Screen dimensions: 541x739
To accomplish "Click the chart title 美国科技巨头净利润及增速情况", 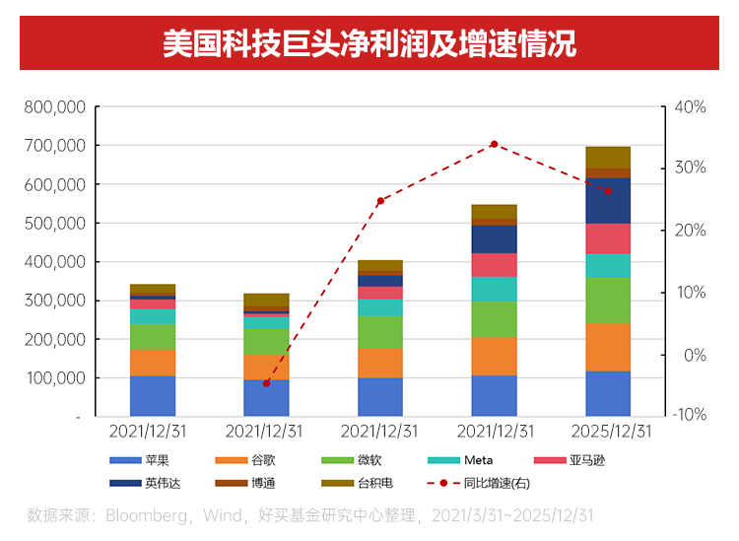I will coord(369,44).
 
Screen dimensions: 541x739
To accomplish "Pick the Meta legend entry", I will coord(479,460).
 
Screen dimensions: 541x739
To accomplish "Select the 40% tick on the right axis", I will coord(690,106).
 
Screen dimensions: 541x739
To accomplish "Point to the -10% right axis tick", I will coord(688,415).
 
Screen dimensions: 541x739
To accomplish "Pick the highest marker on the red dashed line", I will coord(494,144).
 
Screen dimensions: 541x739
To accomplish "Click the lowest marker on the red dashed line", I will coord(266,383).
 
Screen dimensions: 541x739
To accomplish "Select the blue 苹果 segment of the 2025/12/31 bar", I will coord(608,393).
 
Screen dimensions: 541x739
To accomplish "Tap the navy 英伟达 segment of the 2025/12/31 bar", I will coord(608,201).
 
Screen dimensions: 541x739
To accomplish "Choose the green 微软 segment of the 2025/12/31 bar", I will coord(608,301).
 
